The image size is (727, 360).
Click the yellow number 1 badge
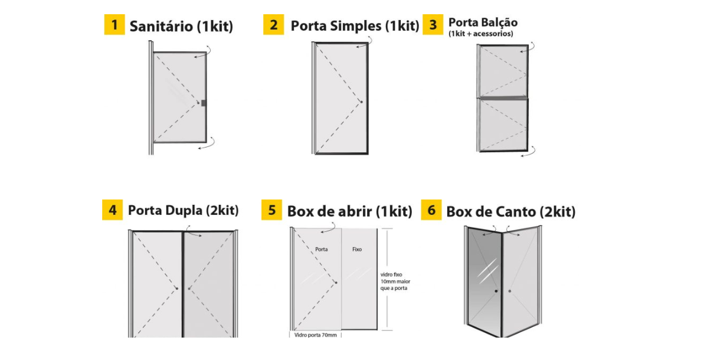pos(114,24)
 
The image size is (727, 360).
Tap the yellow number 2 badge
pos(274,24)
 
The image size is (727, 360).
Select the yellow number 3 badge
pos(433,24)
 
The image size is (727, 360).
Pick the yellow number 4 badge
pos(112,210)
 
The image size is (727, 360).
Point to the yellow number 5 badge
pos(271,210)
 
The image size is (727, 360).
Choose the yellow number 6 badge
pos(431,210)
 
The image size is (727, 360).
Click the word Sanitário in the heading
pos(161,26)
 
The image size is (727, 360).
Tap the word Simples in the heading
pos(355,26)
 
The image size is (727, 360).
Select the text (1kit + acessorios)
pos(481,34)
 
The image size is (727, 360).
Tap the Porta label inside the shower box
pos(321,249)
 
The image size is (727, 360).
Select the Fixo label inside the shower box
pos(357,249)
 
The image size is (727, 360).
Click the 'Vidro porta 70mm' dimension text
pos(316,335)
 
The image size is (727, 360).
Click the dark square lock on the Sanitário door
pos(204,103)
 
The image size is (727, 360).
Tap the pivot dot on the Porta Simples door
pos(362,102)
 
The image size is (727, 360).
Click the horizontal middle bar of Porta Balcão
pos(503,98)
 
